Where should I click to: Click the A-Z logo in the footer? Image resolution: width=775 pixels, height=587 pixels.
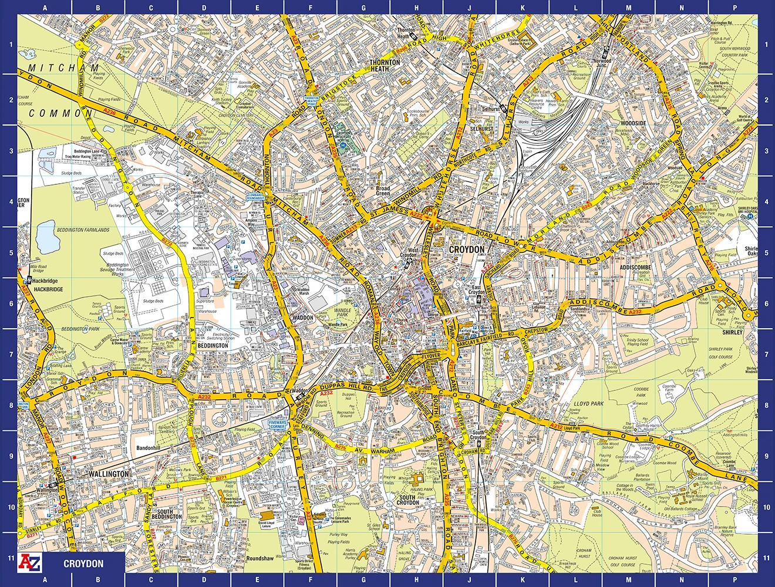30,562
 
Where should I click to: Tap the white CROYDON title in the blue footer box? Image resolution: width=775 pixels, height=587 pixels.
83,564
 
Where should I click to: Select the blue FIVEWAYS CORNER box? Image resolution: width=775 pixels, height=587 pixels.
277,424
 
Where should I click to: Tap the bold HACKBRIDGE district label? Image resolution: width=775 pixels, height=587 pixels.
48,289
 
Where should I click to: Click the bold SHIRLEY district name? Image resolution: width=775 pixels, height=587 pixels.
733,332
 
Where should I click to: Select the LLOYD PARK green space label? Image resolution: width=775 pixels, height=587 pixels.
589,404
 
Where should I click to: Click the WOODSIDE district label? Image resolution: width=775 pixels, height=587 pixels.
633,123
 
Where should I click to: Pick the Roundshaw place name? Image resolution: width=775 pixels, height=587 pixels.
260,559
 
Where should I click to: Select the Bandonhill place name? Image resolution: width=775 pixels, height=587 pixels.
148,448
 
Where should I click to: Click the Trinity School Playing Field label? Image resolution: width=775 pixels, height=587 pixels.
637,342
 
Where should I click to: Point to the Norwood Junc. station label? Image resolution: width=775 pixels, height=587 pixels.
602,63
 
